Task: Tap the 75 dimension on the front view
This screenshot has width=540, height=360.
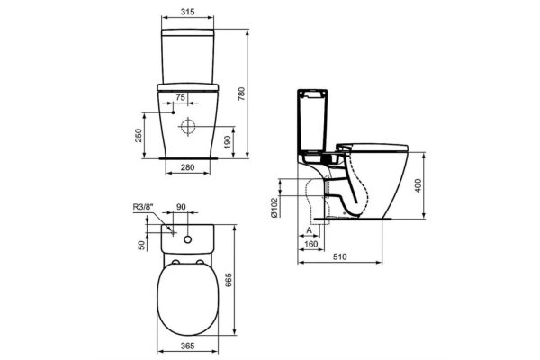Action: [x=180, y=96]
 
